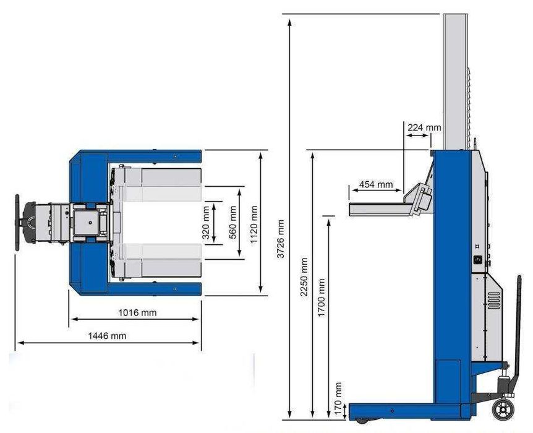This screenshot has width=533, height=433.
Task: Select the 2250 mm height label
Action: (304, 277)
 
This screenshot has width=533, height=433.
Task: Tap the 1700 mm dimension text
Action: (321, 298)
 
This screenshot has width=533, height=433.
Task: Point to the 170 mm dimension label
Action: (338, 392)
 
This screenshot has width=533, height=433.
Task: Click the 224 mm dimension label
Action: (424, 127)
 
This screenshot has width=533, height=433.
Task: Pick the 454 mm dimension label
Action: (376, 184)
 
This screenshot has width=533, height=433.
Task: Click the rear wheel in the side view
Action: (503, 409)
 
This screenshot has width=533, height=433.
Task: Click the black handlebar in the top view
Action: (17, 222)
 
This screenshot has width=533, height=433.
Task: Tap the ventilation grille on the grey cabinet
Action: (492, 301)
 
